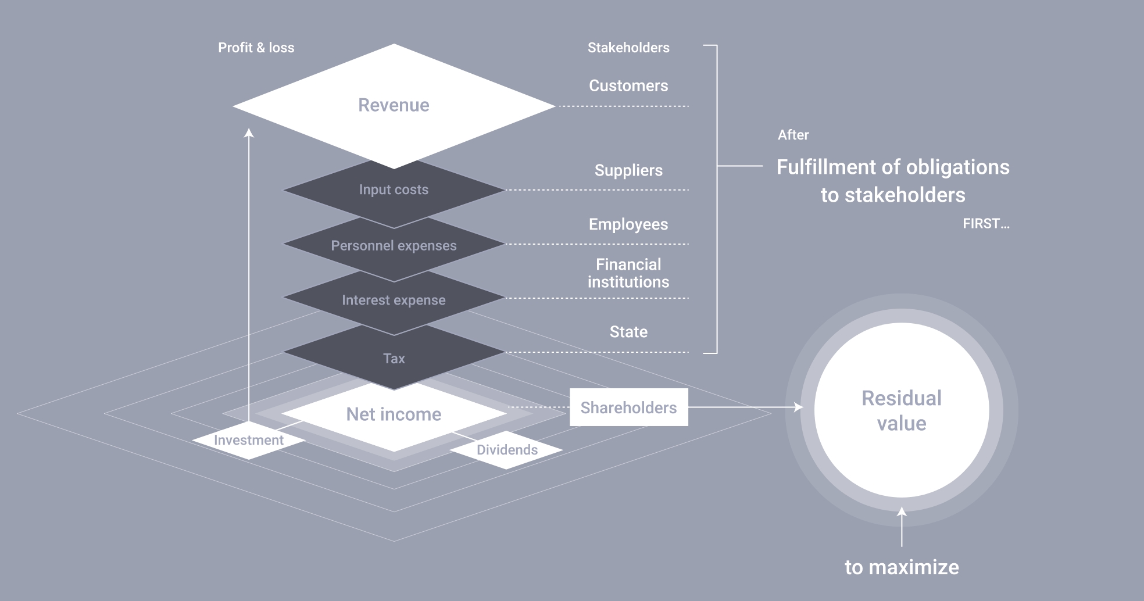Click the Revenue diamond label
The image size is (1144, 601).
point(394,105)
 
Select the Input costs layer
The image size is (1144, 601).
point(394,190)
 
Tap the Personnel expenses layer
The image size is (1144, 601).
point(394,246)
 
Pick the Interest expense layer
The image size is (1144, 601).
point(394,300)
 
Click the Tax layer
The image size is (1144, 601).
point(394,359)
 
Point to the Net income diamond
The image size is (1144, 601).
point(394,414)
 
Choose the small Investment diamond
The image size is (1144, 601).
point(249,440)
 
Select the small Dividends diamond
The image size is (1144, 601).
point(507,450)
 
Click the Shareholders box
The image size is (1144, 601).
point(628,407)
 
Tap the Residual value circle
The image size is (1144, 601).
point(901,410)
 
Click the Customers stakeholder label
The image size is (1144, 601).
point(628,85)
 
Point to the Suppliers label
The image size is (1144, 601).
point(628,170)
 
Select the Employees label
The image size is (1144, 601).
point(628,224)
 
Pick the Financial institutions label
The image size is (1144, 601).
point(628,273)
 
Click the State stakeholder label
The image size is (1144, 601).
point(628,332)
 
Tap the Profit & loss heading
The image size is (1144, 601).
point(256,48)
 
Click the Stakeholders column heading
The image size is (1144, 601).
point(628,48)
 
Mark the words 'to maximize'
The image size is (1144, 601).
point(902,567)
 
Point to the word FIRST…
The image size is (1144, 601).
point(986,224)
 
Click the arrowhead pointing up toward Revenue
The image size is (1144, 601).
point(249,133)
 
